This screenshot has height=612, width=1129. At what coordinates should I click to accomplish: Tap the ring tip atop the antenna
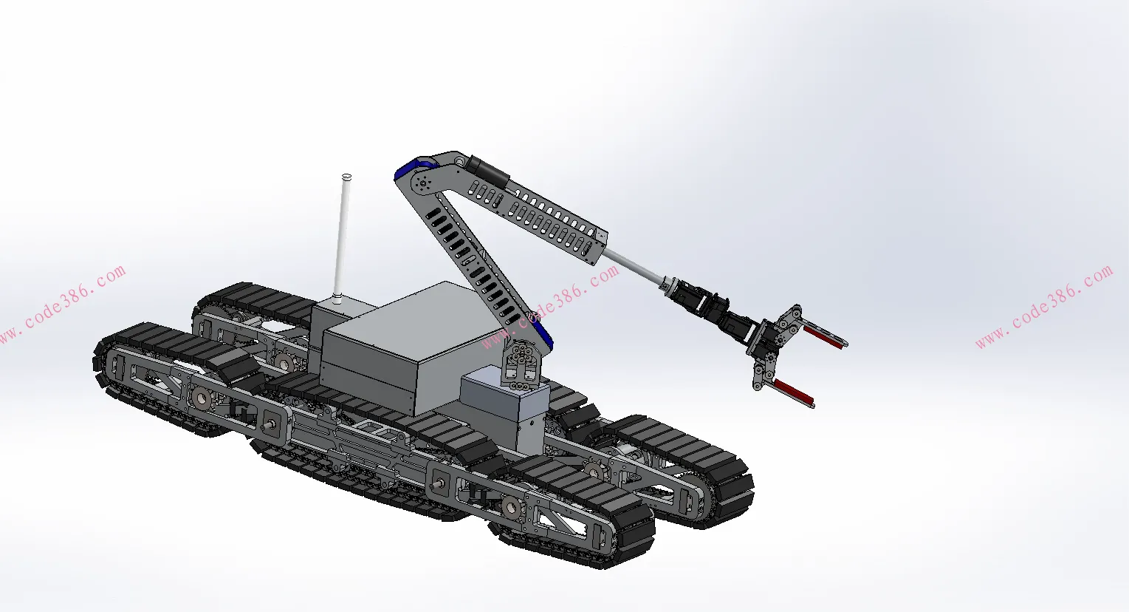(346, 177)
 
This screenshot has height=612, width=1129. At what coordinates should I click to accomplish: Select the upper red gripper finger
(823, 336)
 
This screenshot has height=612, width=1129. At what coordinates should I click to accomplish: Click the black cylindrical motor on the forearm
(487, 172)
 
